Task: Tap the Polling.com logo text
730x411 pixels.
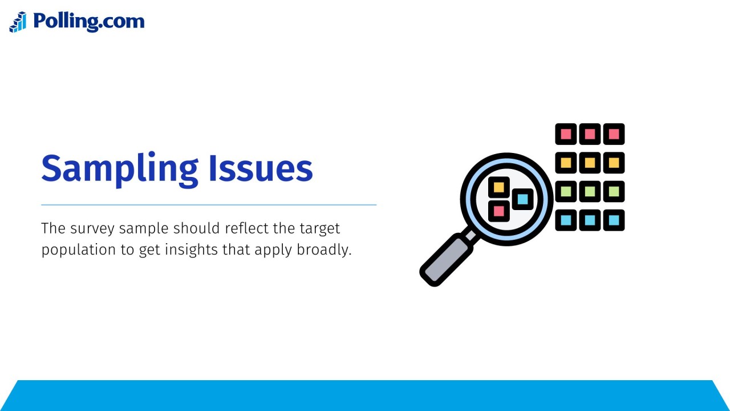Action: click(x=88, y=22)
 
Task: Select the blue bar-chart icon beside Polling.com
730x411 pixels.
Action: click(x=18, y=22)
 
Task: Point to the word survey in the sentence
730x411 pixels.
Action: click(x=92, y=229)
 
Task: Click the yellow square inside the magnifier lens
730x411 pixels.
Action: click(x=498, y=187)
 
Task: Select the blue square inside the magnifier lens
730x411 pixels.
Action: click(x=522, y=199)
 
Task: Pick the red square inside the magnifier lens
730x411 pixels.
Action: click(x=498, y=211)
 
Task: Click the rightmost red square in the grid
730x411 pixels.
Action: click(x=614, y=134)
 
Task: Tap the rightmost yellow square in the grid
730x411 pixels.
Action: click(x=614, y=163)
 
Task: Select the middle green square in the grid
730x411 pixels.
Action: click(x=590, y=192)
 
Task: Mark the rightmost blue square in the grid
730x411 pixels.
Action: click(x=614, y=220)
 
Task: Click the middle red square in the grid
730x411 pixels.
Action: click(x=590, y=134)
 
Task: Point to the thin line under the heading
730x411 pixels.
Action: click(x=209, y=204)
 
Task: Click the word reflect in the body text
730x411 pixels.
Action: click(x=247, y=229)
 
